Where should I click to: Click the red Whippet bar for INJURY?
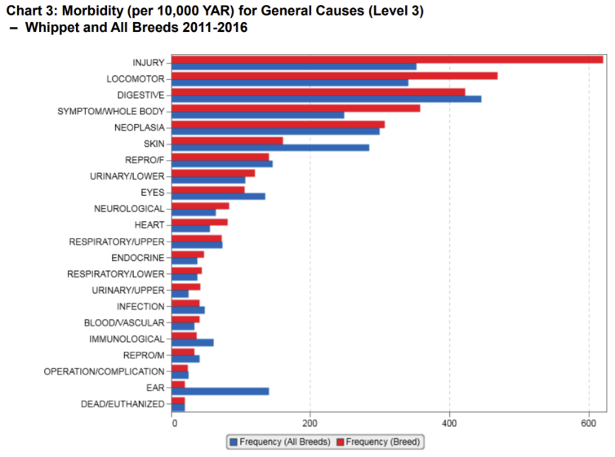pos(387,59)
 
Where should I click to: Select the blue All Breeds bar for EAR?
pos(221,392)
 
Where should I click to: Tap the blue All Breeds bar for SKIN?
pos(270,148)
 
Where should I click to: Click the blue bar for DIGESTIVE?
pos(327,99)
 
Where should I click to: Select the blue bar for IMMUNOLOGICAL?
pos(193,343)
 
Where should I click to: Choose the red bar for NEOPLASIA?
pos(279,124)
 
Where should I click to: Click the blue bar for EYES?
pos(219,196)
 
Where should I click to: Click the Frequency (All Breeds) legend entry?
pos(280,442)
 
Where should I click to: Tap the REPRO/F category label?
pos(145,160)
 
